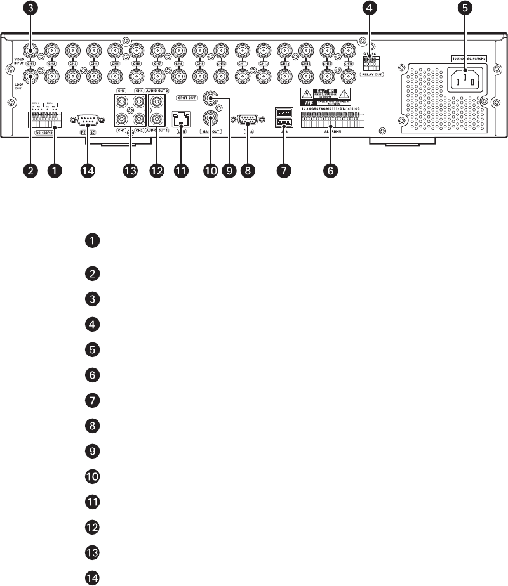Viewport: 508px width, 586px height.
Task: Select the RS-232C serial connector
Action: coord(86,119)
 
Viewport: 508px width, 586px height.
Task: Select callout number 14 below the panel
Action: coord(86,171)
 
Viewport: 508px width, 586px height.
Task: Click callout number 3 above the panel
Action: coord(29,8)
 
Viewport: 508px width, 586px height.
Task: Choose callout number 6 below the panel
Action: coord(330,171)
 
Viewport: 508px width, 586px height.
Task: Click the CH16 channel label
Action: coord(348,63)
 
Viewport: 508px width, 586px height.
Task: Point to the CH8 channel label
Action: coord(178,63)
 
